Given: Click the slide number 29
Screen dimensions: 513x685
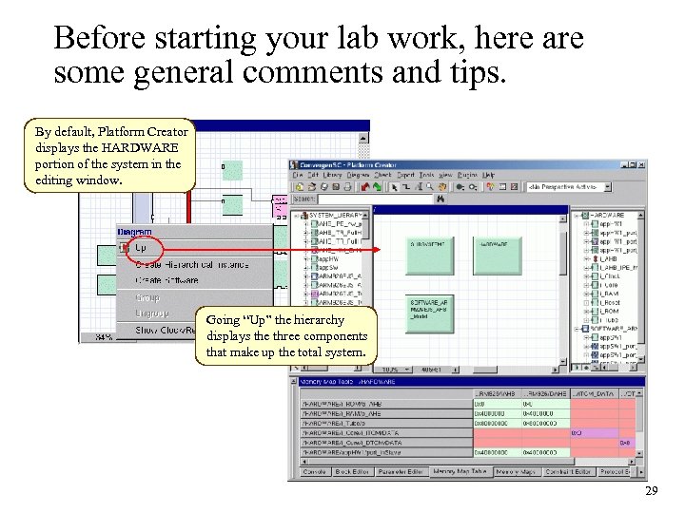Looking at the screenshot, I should click(x=651, y=490).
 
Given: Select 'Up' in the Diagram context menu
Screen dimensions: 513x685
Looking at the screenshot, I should click(x=140, y=248).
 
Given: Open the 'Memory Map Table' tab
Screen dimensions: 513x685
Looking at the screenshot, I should click(x=460, y=471).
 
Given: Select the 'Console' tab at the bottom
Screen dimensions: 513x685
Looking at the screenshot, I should click(x=315, y=471).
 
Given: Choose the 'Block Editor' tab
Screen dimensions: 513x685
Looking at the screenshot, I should click(x=351, y=471).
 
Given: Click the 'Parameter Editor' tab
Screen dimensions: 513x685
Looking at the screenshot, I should click(x=401, y=471).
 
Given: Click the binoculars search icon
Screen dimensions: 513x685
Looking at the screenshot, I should click(x=440, y=199).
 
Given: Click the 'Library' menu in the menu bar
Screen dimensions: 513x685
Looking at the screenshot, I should click(x=332, y=175).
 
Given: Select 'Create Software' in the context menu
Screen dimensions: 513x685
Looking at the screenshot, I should click(x=167, y=280).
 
